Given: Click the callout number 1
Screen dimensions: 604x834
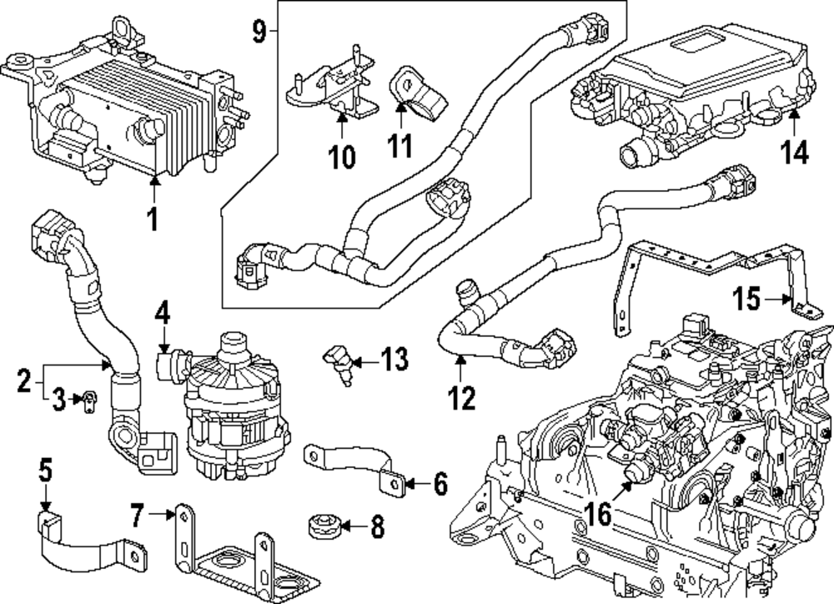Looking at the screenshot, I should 152,219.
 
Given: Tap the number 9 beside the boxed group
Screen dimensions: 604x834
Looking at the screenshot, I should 259,32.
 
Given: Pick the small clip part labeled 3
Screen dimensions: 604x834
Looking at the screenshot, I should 86,400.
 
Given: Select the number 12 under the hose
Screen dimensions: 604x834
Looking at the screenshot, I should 461,396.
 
